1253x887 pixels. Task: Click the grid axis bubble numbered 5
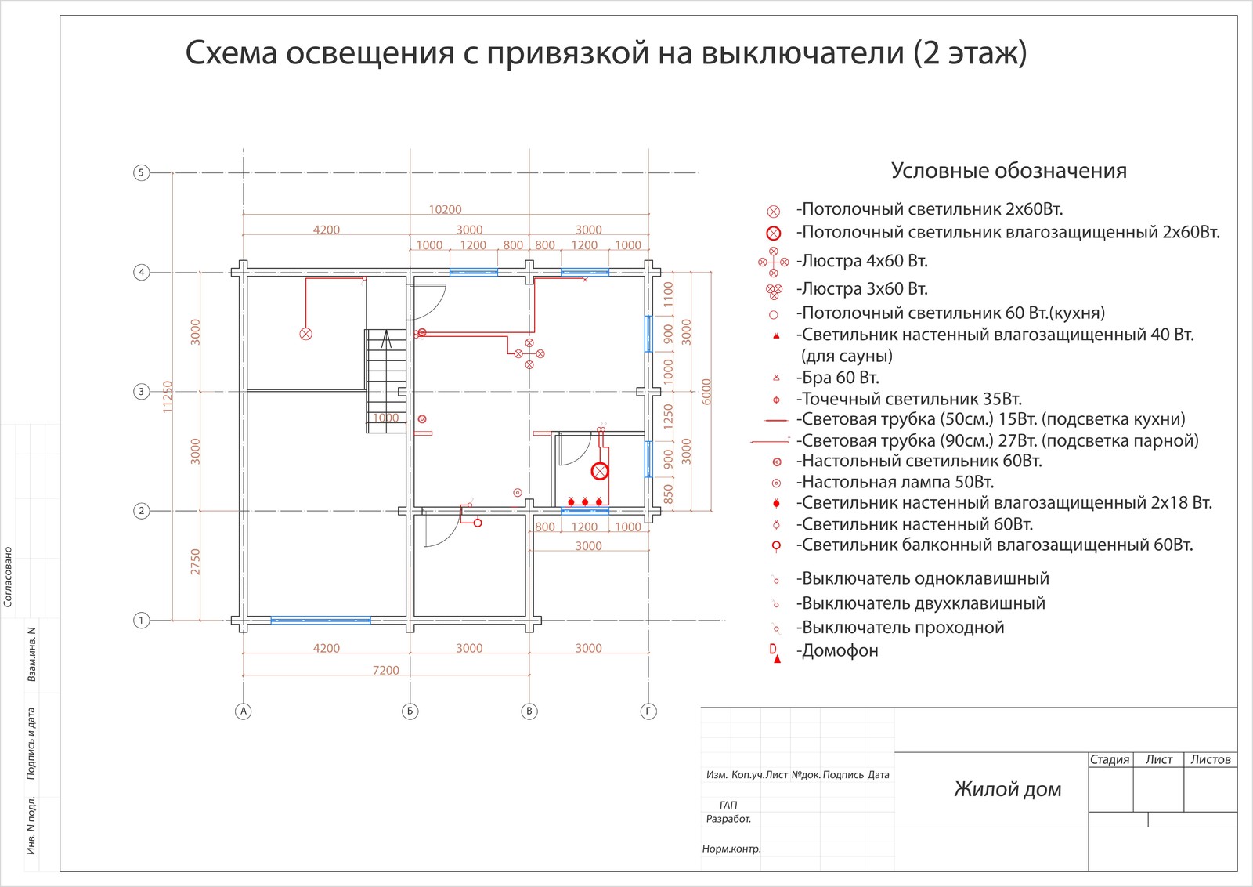141,172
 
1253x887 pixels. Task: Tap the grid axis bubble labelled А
244,711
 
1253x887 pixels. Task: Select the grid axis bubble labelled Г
648,711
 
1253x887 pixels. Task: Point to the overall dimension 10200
445,209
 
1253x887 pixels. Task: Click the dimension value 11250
167,396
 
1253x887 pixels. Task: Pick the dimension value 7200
385,670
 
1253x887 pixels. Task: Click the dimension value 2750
196,561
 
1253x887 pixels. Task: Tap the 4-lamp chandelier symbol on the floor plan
529,353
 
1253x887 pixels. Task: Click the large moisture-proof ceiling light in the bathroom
600,471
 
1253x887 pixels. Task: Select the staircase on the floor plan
386,380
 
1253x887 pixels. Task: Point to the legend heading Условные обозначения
1009,171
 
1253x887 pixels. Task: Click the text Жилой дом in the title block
1007,789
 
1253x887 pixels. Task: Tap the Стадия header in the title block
1110,759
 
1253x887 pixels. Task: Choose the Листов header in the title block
1211,759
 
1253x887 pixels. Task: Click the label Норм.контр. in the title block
731,849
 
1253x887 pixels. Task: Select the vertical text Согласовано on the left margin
9,577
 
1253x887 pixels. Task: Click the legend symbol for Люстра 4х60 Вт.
774,262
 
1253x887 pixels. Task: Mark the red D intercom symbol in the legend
774,649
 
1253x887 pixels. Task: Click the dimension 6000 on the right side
706,391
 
